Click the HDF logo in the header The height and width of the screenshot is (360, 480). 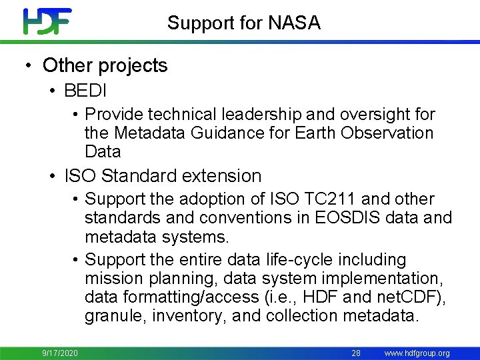point(47,21)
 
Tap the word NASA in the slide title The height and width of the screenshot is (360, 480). point(295,23)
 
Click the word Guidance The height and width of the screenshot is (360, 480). point(219,133)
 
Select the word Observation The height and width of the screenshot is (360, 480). point(387,133)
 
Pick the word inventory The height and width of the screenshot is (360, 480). point(189,315)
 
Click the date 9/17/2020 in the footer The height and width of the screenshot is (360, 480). point(60,353)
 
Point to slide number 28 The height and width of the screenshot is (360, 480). point(356,353)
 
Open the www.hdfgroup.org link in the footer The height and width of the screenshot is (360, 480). point(417,353)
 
